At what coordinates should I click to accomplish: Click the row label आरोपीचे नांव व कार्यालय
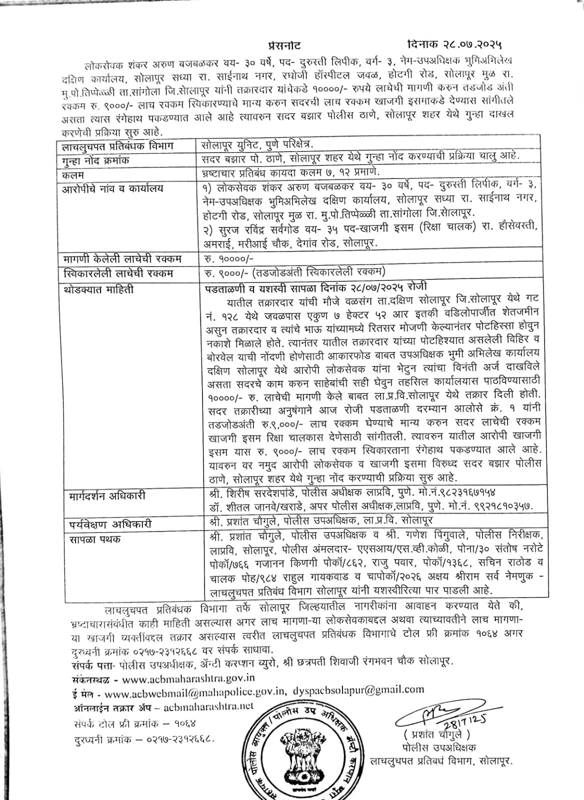tap(112, 189)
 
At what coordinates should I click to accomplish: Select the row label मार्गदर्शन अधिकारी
tap(107, 496)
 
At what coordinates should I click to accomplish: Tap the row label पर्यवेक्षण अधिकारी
tap(110, 524)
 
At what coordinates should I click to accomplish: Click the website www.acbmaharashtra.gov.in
tap(188, 678)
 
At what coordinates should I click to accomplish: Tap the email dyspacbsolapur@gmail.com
tap(358, 690)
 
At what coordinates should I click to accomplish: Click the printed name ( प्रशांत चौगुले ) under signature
tap(435, 735)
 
